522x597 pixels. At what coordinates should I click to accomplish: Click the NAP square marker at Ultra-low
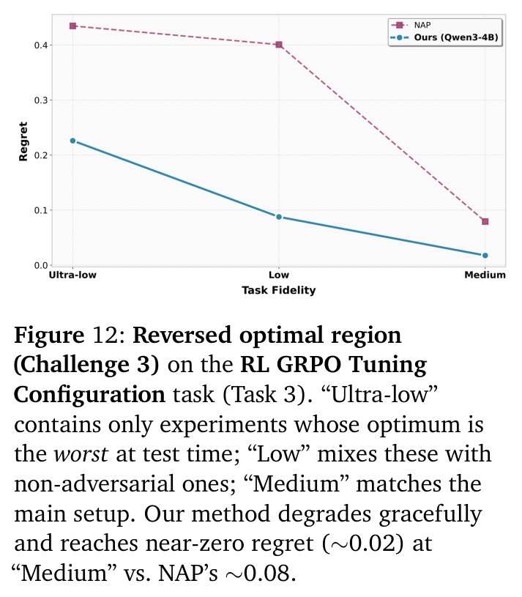coord(73,26)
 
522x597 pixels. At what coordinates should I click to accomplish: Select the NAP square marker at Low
coord(279,45)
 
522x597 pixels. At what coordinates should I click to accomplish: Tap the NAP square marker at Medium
coord(485,221)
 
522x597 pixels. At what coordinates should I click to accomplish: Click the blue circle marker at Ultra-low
coord(73,141)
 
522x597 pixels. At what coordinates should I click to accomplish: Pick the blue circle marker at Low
coord(279,217)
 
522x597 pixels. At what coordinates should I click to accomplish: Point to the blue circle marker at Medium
coord(485,256)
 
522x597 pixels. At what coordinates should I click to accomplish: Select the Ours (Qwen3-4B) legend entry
coord(444,37)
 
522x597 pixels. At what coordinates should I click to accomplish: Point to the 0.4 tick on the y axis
coord(41,45)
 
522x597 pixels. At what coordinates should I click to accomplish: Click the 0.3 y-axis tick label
coord(41,100)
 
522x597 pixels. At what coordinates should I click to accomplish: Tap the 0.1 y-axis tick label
coord(41,210)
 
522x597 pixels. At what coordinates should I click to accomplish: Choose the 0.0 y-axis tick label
coord(41,265)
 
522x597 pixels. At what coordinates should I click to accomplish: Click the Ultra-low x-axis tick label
coord(72,275)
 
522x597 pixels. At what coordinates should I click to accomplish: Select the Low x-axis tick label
coord(279,275)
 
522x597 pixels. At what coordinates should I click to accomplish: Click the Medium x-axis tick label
coord(485,275)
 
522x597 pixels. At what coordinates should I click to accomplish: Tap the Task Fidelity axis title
coord(279,290)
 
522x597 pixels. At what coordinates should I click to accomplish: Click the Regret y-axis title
coord(23,141)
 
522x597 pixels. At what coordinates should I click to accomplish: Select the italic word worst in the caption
coord(81,454)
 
